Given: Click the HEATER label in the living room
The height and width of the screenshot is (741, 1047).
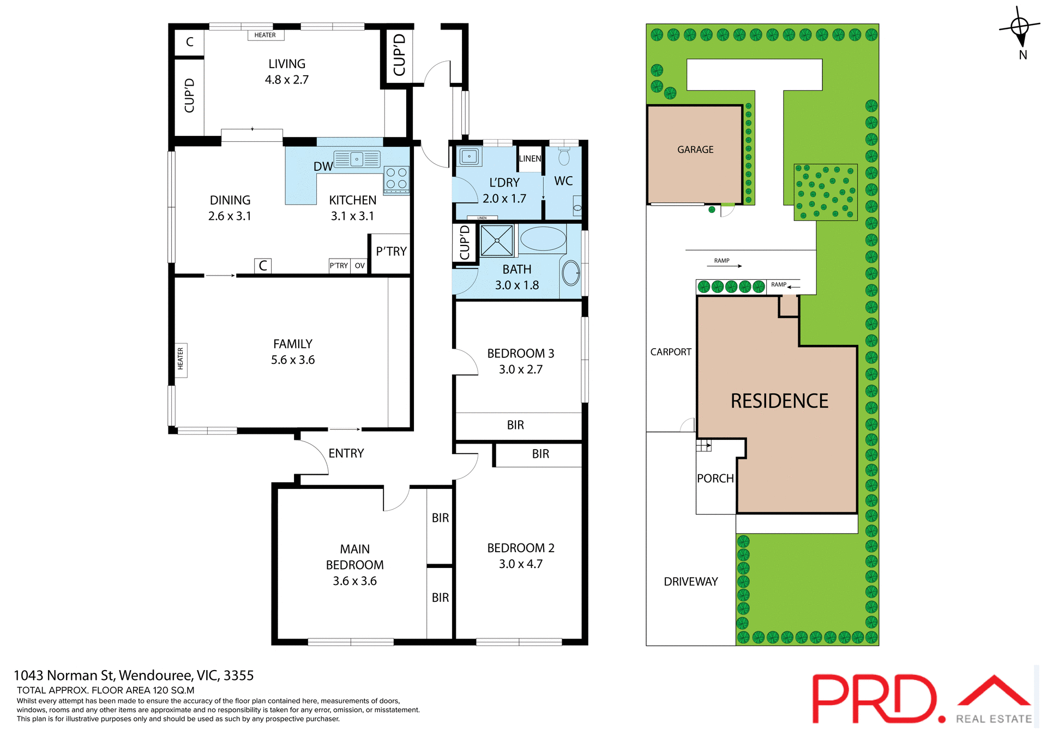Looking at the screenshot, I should pyautogui.click(x=265, y=35).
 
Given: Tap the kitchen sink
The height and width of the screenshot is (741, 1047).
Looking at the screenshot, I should pyautogui.click(x=357, y=159).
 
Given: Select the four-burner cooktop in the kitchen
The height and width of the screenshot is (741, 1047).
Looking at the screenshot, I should pyautogui.click(x=396, y=178).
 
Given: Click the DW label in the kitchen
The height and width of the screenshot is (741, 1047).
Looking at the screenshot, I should pyautogui.click(x=323, y=166).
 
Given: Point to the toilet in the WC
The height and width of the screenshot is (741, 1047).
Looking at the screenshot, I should pyautogui.click(x=564, y=157).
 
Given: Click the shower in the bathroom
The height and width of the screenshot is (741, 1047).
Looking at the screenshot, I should pyautogui.click(x=496, y=241).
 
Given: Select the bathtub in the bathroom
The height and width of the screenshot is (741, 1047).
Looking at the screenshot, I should pyautogui.click(x=543, y=239).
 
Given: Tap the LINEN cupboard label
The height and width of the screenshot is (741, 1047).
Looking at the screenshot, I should pyautogui.click(x=529, y=159).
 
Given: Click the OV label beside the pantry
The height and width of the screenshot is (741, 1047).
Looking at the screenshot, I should pyautogui.click(x=359, y=266).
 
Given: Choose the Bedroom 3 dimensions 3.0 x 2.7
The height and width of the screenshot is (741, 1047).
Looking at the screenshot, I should pyautogui.click(x=520, y=369).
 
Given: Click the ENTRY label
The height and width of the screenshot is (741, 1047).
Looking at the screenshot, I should pyautogui.click(x=346, y=453).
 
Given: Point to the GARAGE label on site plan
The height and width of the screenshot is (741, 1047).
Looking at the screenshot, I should pyautogui.click(x=695, y=150).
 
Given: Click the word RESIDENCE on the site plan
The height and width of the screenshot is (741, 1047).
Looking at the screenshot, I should pyautogui.click(x=779, y=401).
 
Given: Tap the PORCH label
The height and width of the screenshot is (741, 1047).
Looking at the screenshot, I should pyautogui.click(x=715, y=479).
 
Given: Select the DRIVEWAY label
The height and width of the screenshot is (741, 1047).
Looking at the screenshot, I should pyautogui.click(x=690, y=582).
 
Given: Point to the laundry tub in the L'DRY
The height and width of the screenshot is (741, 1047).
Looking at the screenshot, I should pyautogui.click(x=469, y=157).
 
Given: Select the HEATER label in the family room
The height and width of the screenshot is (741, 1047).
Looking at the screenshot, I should pyautogui.click(x=180, y=359).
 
